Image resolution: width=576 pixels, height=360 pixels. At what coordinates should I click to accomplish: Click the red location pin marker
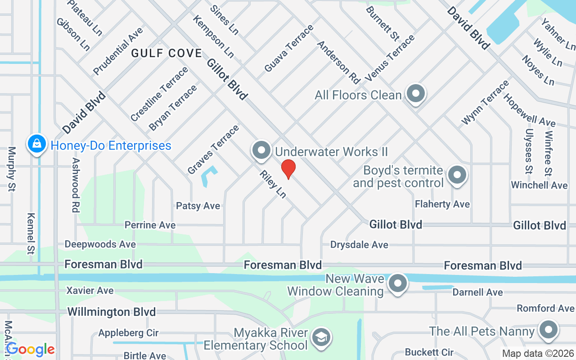pyautogui.click(x=288, y=169)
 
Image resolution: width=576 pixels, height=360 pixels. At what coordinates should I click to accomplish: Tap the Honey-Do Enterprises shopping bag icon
pyautogui.click(x=36, y=144)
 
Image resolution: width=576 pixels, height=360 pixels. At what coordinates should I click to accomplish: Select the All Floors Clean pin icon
pyautogui.click(x=415, y=94)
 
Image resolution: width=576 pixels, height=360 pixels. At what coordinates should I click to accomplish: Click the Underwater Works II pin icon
pyautogui.click(x=261, y=150)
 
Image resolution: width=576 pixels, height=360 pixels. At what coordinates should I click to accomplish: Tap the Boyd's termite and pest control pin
pyautogui.click(x=457, y=175)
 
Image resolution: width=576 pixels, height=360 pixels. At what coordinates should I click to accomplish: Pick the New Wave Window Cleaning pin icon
pyautogui.click(x=397, y=283)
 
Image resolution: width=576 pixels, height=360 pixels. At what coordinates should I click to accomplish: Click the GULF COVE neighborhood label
pyautogui.click(x=166, y=53)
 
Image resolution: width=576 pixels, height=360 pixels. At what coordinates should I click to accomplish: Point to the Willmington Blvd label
pyautogui.click(x=111, y=311)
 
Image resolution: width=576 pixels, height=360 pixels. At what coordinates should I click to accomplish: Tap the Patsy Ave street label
pyautogui.click(x=198, y=206)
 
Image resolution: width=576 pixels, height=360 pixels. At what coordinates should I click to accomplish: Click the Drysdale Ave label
pyautogui.click(x=359, y=245)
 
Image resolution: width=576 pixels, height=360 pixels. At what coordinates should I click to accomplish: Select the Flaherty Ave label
pyautogui.click(x=442, y=204)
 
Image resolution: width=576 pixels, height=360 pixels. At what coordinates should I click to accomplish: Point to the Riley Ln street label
pyautogui.click(x=273, y=184)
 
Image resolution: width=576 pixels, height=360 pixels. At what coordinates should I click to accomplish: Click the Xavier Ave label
pyautogui.click(x=90, y=290)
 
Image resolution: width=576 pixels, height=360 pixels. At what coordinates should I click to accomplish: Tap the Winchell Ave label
pyautogui.click(x=539, y=185)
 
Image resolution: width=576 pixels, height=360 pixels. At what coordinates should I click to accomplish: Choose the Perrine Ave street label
pyautogui.click(x=150, y=225)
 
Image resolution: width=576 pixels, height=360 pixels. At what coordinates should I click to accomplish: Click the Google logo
pyautogui.click(x=30, y=349)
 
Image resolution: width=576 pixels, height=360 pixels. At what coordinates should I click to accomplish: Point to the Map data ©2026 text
pyautogui.click(x=538, y=353)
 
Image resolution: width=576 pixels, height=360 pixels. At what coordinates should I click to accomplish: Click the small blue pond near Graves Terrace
pyautogui.click(x=208, y=176)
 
